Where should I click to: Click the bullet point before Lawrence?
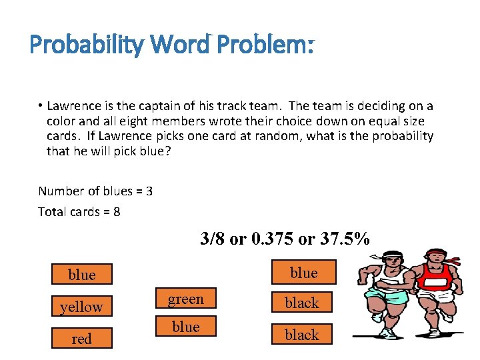(41, 106)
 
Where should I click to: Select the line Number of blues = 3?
(95, 191)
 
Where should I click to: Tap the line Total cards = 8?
(79, 212)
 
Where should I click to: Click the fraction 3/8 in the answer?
(213, 239)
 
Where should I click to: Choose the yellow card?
(81, 307)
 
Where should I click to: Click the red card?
(81, 339)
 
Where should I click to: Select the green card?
(185, 299)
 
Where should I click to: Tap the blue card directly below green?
(185, 326)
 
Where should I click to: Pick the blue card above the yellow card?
(81, 275)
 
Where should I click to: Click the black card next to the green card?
(302, 303)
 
